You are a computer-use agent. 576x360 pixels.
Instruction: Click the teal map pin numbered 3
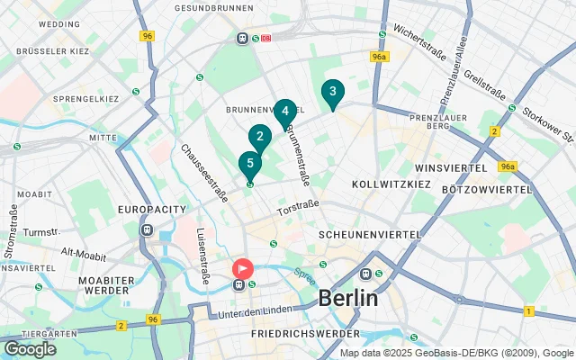tap(333, 92)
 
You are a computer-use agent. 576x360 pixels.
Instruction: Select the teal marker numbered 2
tap(260, 138)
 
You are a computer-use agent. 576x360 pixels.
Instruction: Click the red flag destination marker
tap(243, 268)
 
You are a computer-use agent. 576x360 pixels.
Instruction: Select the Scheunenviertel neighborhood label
tap(370, 234)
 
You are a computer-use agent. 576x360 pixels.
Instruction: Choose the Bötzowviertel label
tap(487, 190)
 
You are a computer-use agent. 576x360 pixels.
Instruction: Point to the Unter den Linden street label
tap(256, 312)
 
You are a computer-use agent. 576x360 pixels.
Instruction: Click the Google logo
tap(30, 348)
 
